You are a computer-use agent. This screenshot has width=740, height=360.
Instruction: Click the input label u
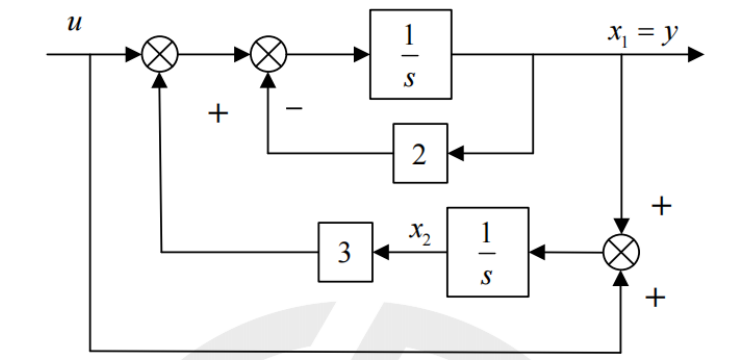(x=75, y=23)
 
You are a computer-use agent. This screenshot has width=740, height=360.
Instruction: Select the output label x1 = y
(x=643, y=34)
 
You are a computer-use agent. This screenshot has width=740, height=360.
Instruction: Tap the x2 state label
(x=420, y=232)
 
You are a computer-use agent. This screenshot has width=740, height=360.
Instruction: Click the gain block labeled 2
(x=420, y=153)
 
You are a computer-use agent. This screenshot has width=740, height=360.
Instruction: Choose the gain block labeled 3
(x=345, y=252)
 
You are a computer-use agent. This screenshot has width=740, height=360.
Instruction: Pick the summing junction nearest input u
(x=160, y=54)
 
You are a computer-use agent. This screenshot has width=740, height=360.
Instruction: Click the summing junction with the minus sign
(x=268, y=54)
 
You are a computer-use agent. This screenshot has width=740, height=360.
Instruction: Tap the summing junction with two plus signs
(x=622, y=252)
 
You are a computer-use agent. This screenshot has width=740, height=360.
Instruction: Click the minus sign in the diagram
(x=294, y=109)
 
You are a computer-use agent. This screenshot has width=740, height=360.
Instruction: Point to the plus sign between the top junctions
(x=218, y=114)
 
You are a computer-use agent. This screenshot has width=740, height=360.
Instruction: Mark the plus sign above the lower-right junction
(x=661, y=206)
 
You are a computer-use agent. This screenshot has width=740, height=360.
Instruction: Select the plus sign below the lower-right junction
(x=655, y=298)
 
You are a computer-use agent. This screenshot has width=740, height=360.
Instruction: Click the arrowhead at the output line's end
(x=696, y=54)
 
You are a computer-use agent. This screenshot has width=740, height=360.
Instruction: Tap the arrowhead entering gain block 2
(x=455, y=153)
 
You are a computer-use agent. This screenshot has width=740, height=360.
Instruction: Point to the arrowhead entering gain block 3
(x=381, y=252)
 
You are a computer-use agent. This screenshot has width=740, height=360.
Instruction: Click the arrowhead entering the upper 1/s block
(x=362, y=54)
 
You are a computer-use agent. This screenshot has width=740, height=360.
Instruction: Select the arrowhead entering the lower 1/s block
(x=537, y=252)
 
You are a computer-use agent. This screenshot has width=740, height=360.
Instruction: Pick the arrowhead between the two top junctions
(x=242, y=54)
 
